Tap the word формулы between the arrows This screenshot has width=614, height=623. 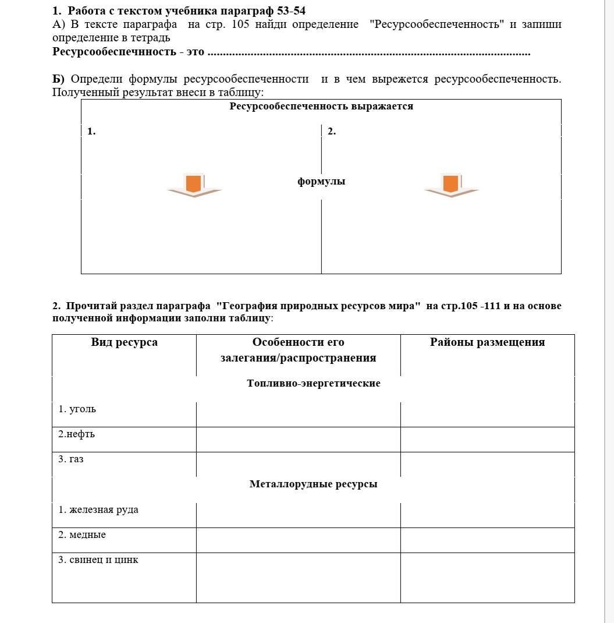coord(321,182)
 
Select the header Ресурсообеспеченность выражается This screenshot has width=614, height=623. coord(321,107)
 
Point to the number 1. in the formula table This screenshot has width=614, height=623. coord(91,132)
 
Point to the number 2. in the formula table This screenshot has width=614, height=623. coord(332,132)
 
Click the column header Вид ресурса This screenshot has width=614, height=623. coord(124,342)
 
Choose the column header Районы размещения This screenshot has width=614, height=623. coord(487,342)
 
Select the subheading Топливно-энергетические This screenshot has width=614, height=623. coord(313,384)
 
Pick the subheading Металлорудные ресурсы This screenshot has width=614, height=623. coord(313,484)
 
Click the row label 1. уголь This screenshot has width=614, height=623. coord(77,409)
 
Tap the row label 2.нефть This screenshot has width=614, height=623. coord(76,434)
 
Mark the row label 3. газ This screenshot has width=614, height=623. coord(70,459)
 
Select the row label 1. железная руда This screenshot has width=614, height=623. coord(98,510)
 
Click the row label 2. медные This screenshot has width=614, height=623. coord(81,535)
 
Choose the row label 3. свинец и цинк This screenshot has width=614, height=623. coord(98,560)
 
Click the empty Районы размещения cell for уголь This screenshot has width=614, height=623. coord(487,414)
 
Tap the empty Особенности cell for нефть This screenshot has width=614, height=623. coord(298,439)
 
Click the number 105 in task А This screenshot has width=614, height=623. coord(240,24)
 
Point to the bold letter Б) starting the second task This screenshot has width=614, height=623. coord(58,79)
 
